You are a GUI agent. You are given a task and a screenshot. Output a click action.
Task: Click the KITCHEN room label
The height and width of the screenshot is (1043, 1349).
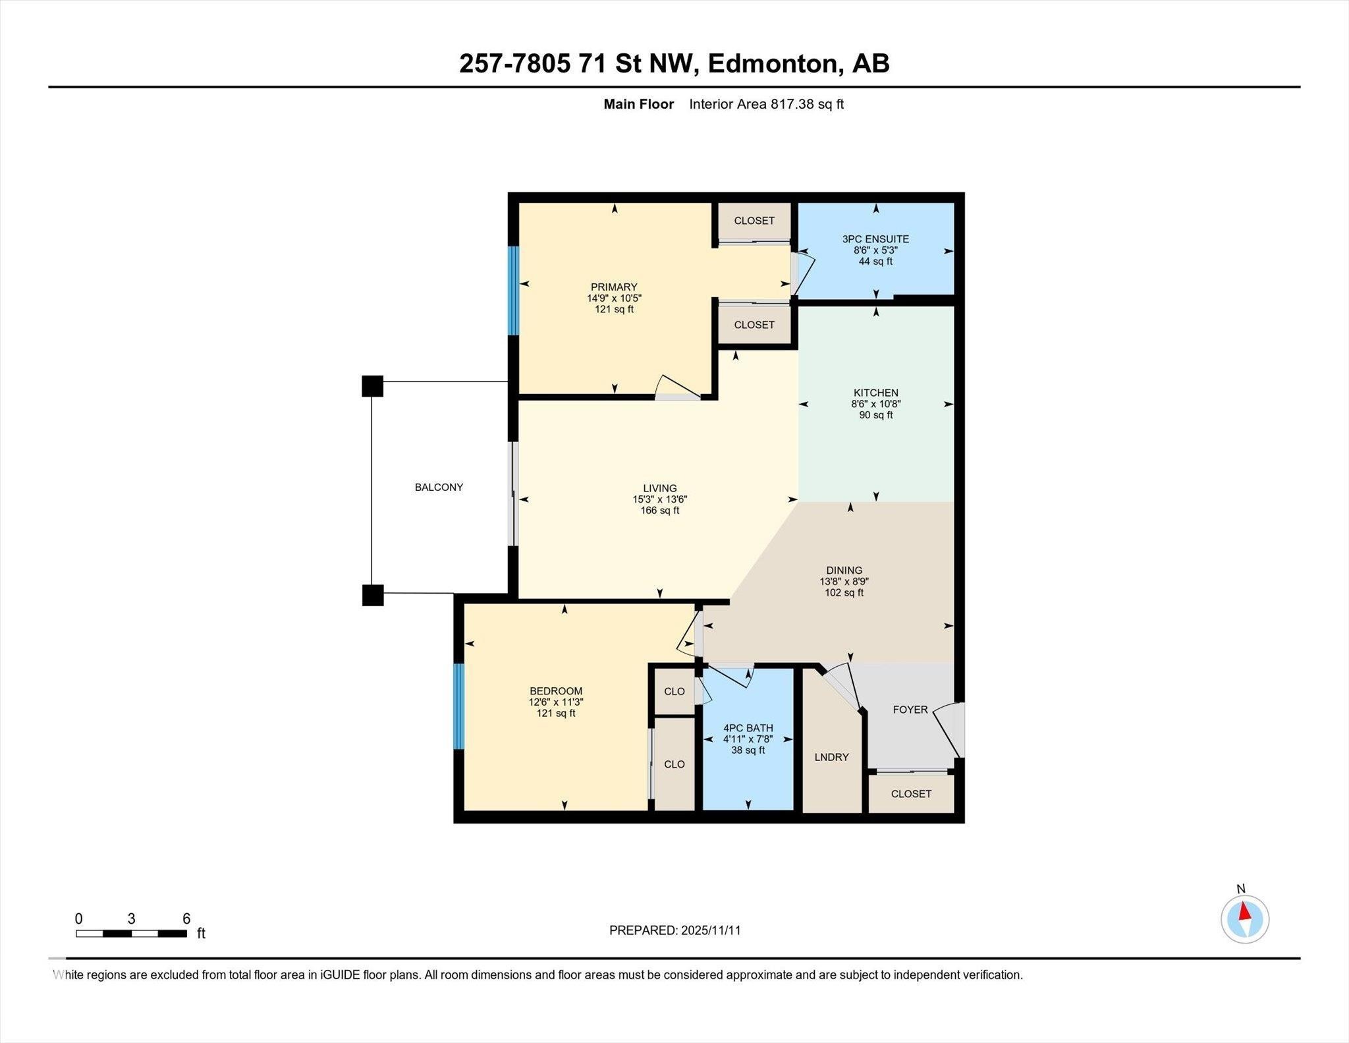click(875, 393)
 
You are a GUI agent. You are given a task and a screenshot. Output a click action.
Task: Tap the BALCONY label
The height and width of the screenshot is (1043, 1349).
click(439, 488)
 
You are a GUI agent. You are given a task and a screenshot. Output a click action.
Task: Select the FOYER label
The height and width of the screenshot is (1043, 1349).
click(910, 710)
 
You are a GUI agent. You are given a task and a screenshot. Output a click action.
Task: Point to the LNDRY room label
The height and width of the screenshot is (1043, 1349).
click(831, 757)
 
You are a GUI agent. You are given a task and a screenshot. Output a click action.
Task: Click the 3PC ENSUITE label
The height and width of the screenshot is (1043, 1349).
click(875, 239)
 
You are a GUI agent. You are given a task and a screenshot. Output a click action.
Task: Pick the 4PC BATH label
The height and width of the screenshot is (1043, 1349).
click(748, 728)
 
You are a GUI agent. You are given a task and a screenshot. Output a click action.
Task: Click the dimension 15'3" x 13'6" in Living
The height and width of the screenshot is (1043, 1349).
click(659, 499)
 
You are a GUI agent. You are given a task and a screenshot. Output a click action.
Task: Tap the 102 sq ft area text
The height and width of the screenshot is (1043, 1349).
click(844, 593)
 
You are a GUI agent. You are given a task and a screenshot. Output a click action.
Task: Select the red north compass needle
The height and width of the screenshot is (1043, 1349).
click(1244, 911)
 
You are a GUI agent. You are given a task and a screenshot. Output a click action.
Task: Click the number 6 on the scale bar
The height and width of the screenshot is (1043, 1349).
click(186, 918)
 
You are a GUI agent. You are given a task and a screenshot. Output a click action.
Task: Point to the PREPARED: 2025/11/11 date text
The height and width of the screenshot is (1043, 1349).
click(675, 930)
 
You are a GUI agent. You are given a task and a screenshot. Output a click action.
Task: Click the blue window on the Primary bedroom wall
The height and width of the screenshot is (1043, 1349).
click(513, 291)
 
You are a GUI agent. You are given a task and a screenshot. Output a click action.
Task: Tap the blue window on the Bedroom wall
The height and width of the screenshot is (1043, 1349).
click(459, 706)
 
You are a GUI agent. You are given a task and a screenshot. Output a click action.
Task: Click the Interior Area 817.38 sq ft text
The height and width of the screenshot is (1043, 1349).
click(766, 104)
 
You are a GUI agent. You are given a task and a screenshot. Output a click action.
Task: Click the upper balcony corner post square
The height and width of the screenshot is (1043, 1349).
click(372, 386)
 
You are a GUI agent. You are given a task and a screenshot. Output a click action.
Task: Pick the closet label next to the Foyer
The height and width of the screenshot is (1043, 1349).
click(911, 794)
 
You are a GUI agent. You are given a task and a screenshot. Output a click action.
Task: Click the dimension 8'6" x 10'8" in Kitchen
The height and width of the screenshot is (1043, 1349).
click(875, 404)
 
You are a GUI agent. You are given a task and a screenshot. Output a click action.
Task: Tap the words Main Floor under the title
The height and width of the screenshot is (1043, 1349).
click(639, 104)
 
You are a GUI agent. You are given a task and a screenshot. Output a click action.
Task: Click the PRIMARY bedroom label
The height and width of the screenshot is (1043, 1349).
click(614, 287)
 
